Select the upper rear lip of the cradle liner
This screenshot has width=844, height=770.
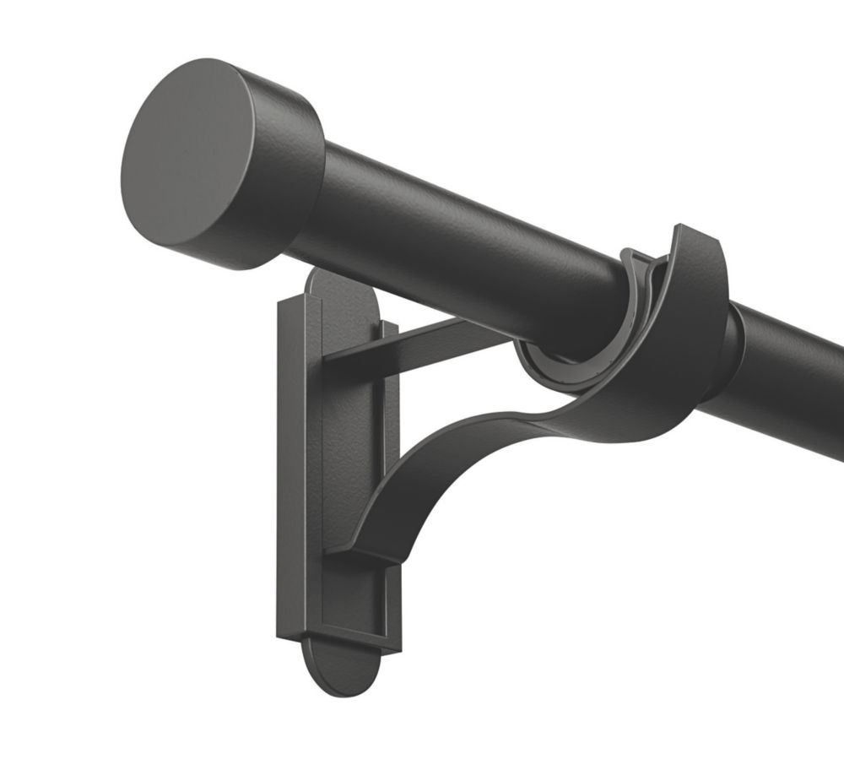click(637, 262)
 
